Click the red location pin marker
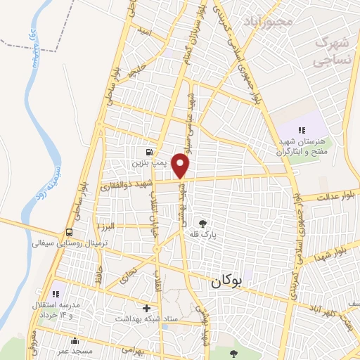coord(181,167)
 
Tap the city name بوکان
coord(225,283)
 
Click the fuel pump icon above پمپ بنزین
coord(148,151)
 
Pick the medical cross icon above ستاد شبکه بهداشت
coord(146,308)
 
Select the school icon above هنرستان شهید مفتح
coord(302,130)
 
